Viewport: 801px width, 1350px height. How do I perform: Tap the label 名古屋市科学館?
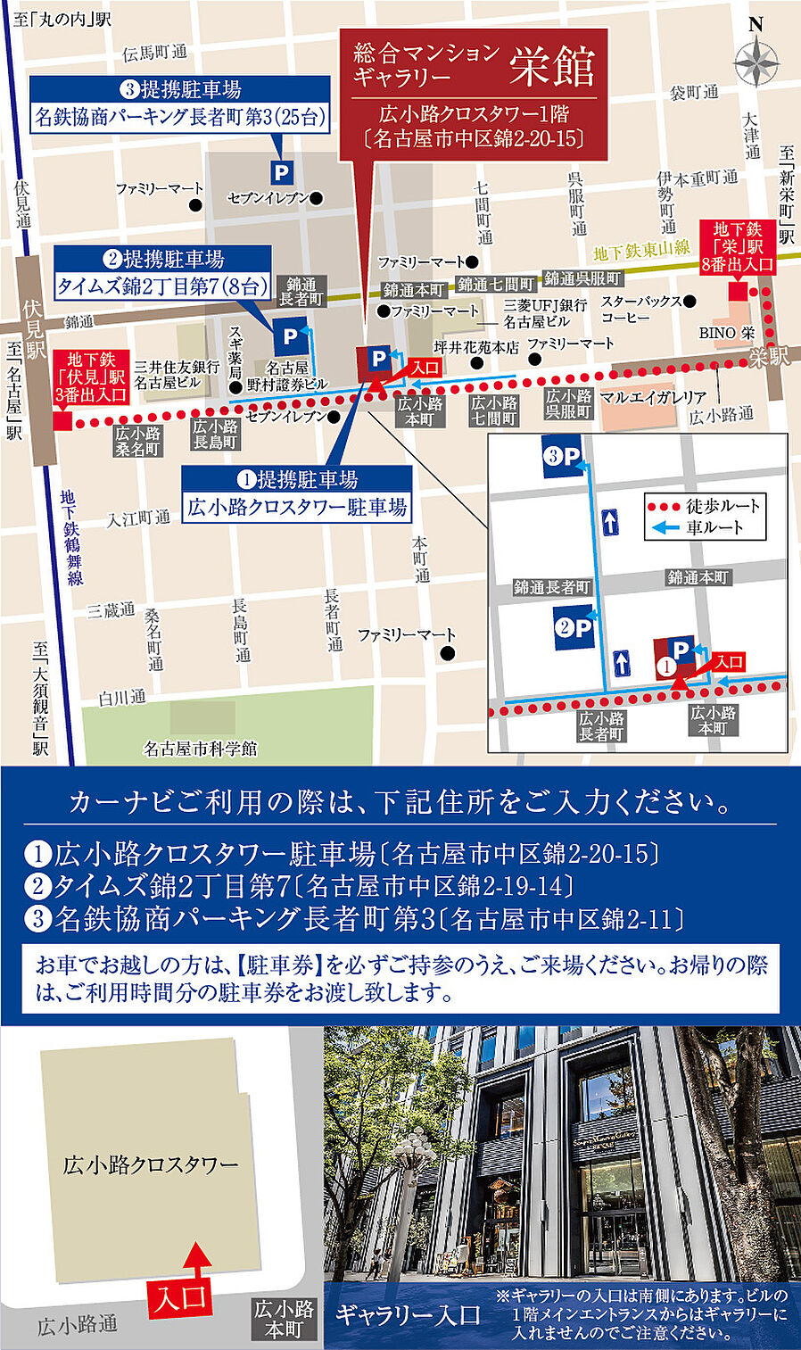(x=200, y=749)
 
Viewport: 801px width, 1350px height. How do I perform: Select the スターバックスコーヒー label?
(x=640, y=309)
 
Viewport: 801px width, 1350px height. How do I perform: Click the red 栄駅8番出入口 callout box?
(x=738, y=247)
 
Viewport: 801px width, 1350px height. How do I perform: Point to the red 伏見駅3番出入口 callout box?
(x=91, y=377)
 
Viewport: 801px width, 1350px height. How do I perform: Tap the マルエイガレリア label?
(x=653, y=397)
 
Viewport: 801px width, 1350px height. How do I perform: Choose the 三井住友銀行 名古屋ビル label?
(x=177, y=374)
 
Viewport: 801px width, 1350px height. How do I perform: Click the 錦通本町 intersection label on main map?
(x=413, y=290)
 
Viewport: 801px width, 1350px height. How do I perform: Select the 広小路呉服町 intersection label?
(x=568, y=403)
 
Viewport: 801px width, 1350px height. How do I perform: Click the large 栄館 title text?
(x=552, y=67)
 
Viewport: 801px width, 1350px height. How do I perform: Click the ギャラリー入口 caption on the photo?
(x=408, y=1314)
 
